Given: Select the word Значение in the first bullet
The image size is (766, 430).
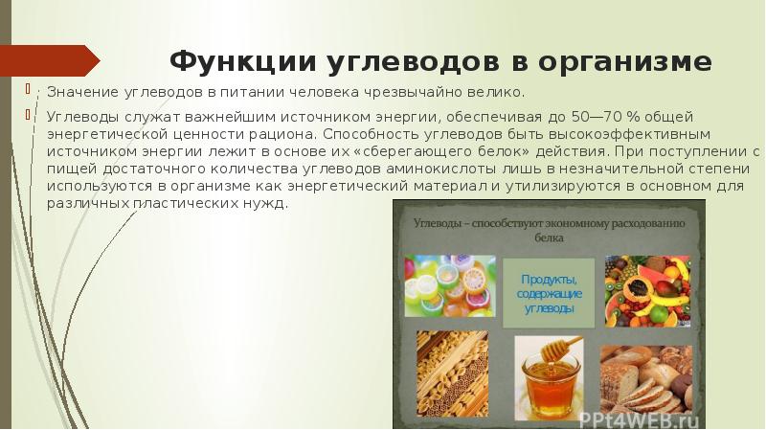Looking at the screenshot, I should tap(80, 93).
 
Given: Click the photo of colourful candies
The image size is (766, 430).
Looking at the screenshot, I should tap(450, 284).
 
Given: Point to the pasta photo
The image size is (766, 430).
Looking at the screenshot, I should tap(450, 369).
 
